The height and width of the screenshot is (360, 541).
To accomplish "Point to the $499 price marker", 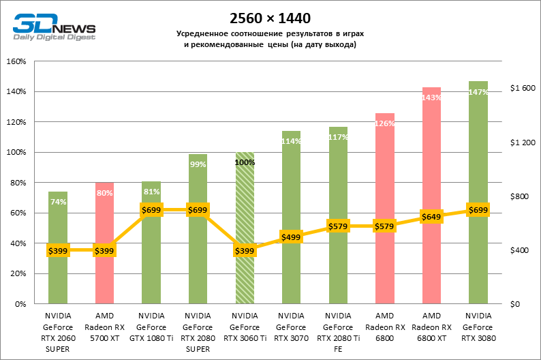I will (291, 237).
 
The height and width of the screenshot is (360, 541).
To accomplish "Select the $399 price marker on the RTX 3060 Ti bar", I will (245, 251).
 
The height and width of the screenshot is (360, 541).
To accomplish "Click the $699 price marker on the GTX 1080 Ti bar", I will (151, 210).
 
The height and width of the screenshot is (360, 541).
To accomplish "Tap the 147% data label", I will (478, 92).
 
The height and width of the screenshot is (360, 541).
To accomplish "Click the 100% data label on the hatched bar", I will (245, 162).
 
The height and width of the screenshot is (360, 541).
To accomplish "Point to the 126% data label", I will (385, 123).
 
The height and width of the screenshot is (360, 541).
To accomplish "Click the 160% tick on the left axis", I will (16, 61).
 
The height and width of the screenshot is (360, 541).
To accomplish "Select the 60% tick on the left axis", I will (18, 213).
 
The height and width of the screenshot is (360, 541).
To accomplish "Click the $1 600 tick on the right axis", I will (523, 89).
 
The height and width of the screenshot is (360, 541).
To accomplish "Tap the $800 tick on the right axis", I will (520, 196).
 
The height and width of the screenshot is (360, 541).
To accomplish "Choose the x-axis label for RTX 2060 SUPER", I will (58, 332).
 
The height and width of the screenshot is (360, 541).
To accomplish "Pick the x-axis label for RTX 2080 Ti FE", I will (338, 332).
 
